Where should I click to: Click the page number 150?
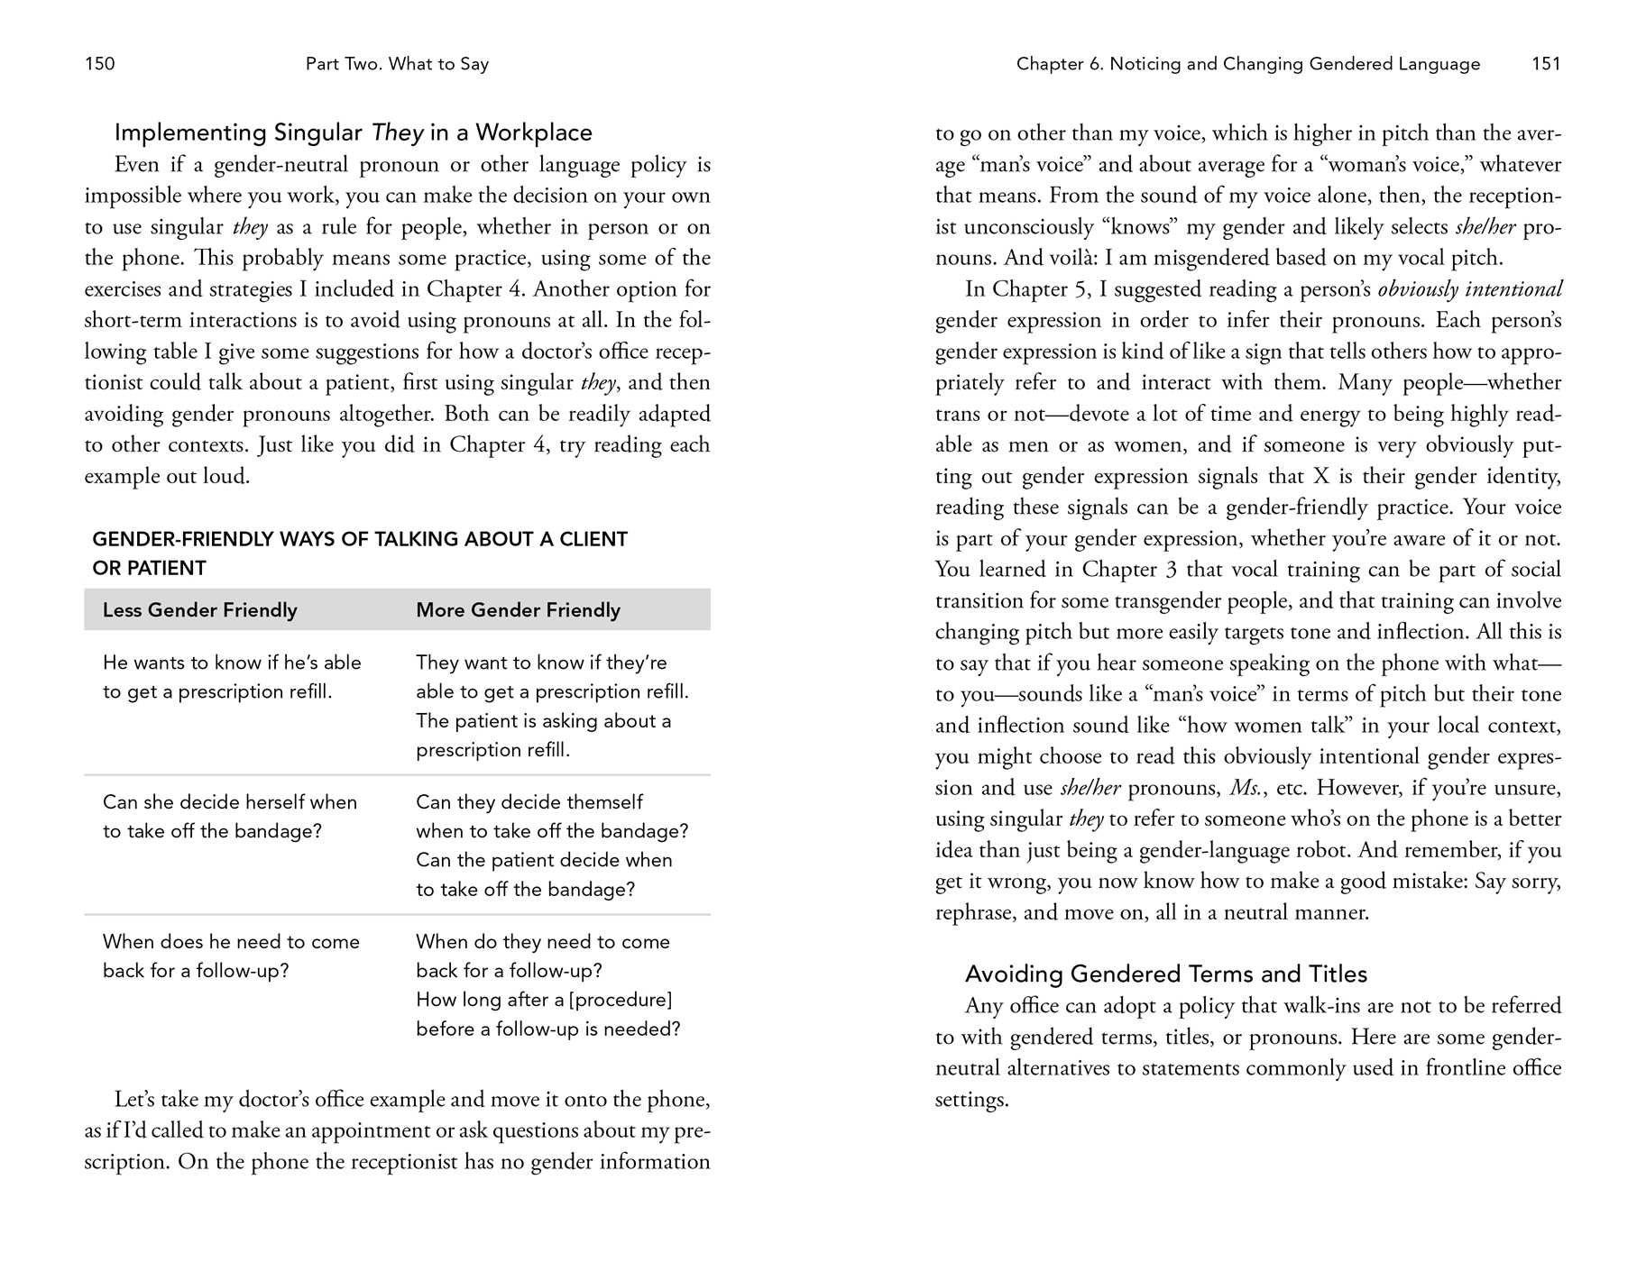tap(99, 64)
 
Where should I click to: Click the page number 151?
tap(1546, 64)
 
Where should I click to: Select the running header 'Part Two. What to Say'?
tap(397, 64)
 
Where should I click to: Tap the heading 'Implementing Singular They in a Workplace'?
tap(353, 133)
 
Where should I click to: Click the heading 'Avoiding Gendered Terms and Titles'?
tap(1165, 974)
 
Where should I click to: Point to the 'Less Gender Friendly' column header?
tap(199, 610)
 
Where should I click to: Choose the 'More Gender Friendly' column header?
tap(518, 610)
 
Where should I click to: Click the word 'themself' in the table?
tap(605, 802)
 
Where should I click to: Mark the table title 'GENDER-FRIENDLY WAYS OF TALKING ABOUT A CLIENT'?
tap(359, 540)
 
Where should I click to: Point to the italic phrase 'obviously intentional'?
tap(1469, 289)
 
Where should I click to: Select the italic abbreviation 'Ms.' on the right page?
tap(1246, 788)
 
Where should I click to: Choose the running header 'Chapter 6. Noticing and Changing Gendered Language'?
tap(1247, 64)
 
